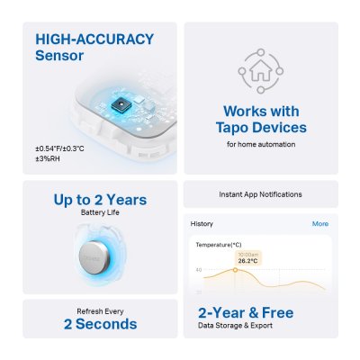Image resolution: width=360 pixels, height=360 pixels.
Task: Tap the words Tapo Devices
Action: (261, 128)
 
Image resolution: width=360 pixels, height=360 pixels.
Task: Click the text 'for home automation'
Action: (261, 144)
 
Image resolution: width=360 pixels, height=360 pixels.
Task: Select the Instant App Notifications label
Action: (261, 194)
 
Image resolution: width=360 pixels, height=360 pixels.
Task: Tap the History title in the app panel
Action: (202, 223)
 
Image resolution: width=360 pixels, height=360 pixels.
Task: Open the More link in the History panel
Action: (319, 223)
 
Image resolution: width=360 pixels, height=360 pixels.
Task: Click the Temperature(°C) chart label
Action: (219, 244)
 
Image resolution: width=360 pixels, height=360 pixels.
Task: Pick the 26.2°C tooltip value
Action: (247, 261)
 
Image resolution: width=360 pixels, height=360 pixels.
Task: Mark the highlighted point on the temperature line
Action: (247, 271)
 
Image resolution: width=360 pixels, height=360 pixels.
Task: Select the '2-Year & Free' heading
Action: (245, 312)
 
